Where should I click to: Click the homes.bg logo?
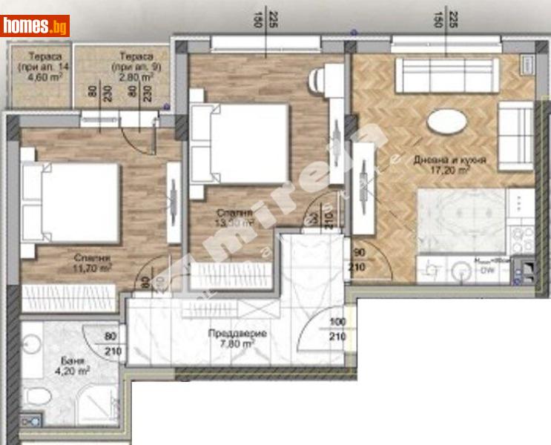(35, 26)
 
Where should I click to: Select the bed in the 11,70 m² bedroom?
(70, 202)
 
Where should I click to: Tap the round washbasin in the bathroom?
(31, 345)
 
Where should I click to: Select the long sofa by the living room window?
(442, 73)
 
